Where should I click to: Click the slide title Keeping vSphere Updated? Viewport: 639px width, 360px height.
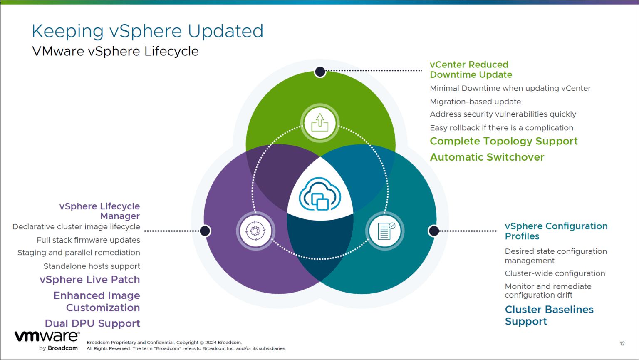click(x=147, y=31)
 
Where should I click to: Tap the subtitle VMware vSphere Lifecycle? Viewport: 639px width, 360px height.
click(x=115, y=51)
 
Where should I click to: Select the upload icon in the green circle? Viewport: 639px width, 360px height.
click(x=320, y=123)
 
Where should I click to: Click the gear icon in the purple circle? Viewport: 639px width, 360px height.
click(x=255, y=231)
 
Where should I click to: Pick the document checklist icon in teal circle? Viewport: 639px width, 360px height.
click(x=385, y=231)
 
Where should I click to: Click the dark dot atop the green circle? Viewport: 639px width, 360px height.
click(x=320, y=72)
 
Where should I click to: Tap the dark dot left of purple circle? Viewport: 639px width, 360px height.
click(x=205, y=231)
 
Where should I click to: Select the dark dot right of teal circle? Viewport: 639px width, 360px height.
click(x=433, y=231)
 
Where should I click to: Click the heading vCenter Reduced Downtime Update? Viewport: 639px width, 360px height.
click(x=471, y=70)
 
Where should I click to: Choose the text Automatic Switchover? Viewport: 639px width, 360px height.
click(x=487, y=157)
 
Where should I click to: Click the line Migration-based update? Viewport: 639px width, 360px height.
click(x=475, y=102)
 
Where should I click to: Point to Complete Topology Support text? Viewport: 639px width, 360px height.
click(x=503, y=142)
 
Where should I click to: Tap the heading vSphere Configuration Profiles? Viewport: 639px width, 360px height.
click(x=556, y=231)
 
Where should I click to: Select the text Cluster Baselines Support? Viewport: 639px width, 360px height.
click(x=549, y=315)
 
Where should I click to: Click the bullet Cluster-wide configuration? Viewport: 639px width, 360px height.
click(x=555, y=273)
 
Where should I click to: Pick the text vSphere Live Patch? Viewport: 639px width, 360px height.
click(x=89, y=280)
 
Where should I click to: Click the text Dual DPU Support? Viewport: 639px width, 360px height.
click(x=92, y=323)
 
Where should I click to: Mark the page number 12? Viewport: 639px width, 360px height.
click(x=622, y=344)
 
